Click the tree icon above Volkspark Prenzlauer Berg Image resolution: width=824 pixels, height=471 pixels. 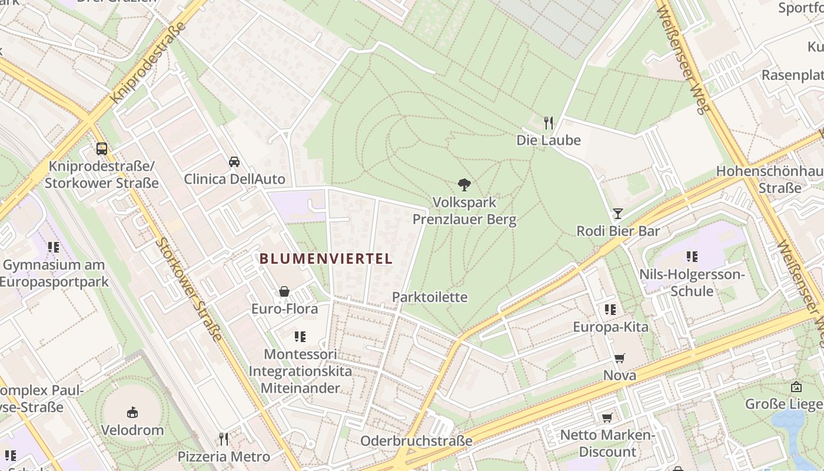(464, 185)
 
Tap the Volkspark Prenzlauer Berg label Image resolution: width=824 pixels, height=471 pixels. (464, 211)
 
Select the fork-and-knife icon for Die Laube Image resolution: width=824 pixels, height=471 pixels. (549, 122)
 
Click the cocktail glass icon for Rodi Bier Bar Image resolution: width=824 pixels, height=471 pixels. (617, 213)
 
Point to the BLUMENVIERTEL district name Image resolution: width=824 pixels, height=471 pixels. (326, 258)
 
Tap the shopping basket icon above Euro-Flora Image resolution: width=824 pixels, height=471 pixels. (284, 291)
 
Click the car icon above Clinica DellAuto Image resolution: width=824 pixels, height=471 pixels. (234, 161)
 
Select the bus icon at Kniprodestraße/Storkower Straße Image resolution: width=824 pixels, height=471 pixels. (102, 148)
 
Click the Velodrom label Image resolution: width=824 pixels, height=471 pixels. (132, 430)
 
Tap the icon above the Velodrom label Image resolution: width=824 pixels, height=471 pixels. (132, 412)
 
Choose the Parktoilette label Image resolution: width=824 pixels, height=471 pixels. (430, 297)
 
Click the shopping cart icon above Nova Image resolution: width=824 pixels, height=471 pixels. (619, 358)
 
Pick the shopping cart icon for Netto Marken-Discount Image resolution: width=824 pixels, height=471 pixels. (607, 418)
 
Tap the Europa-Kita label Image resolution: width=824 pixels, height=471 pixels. (610, 327)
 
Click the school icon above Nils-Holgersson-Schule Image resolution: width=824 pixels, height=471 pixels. (692, 257)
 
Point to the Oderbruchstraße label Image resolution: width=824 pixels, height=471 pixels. (416, 440)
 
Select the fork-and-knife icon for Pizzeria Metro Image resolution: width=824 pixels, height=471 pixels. (224, 439)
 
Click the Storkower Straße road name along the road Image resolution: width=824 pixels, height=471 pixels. (189, 289)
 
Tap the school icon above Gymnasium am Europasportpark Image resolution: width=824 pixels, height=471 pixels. (54, 247)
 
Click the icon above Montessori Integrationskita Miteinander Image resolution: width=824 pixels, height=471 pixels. (300, 337)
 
